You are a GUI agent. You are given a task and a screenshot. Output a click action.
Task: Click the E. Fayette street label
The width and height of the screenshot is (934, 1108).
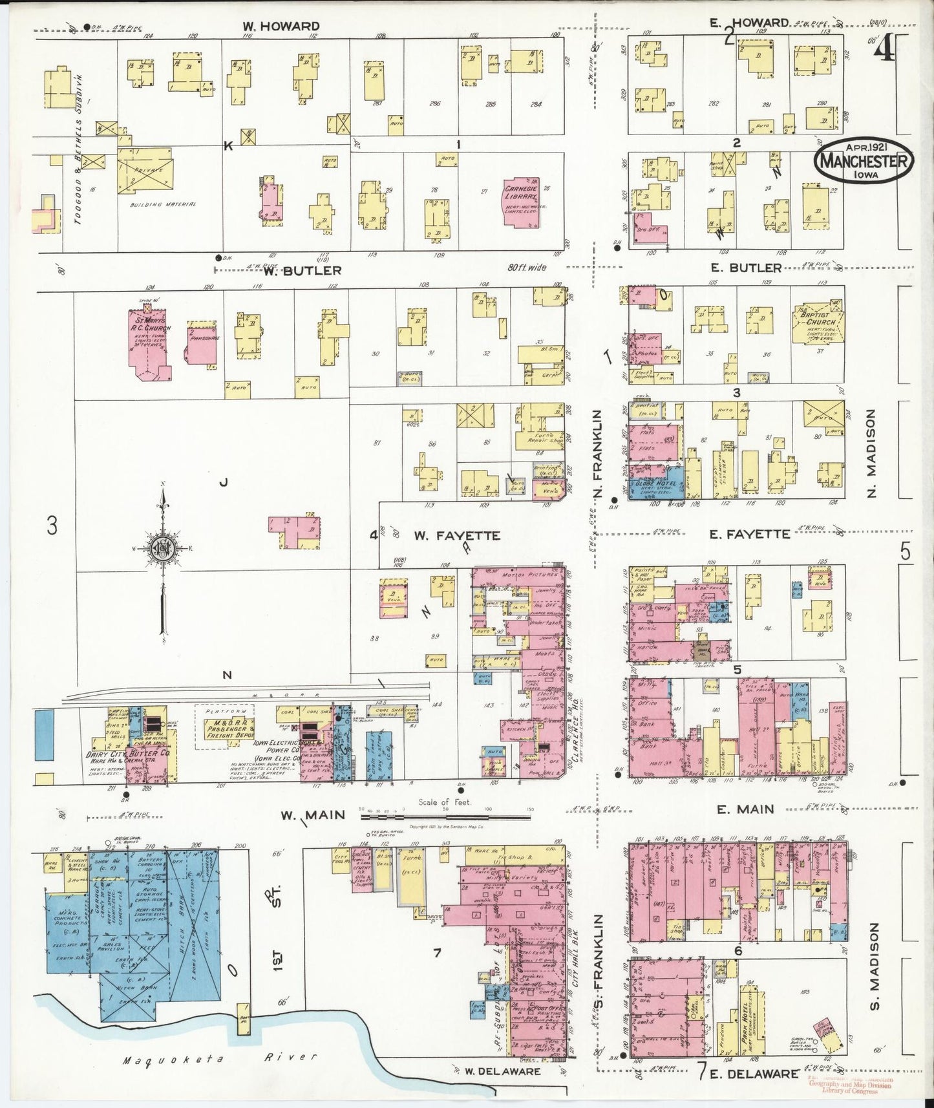[749, 533]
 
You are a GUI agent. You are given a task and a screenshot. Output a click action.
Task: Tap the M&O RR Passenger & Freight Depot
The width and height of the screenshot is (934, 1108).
[224, 727]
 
